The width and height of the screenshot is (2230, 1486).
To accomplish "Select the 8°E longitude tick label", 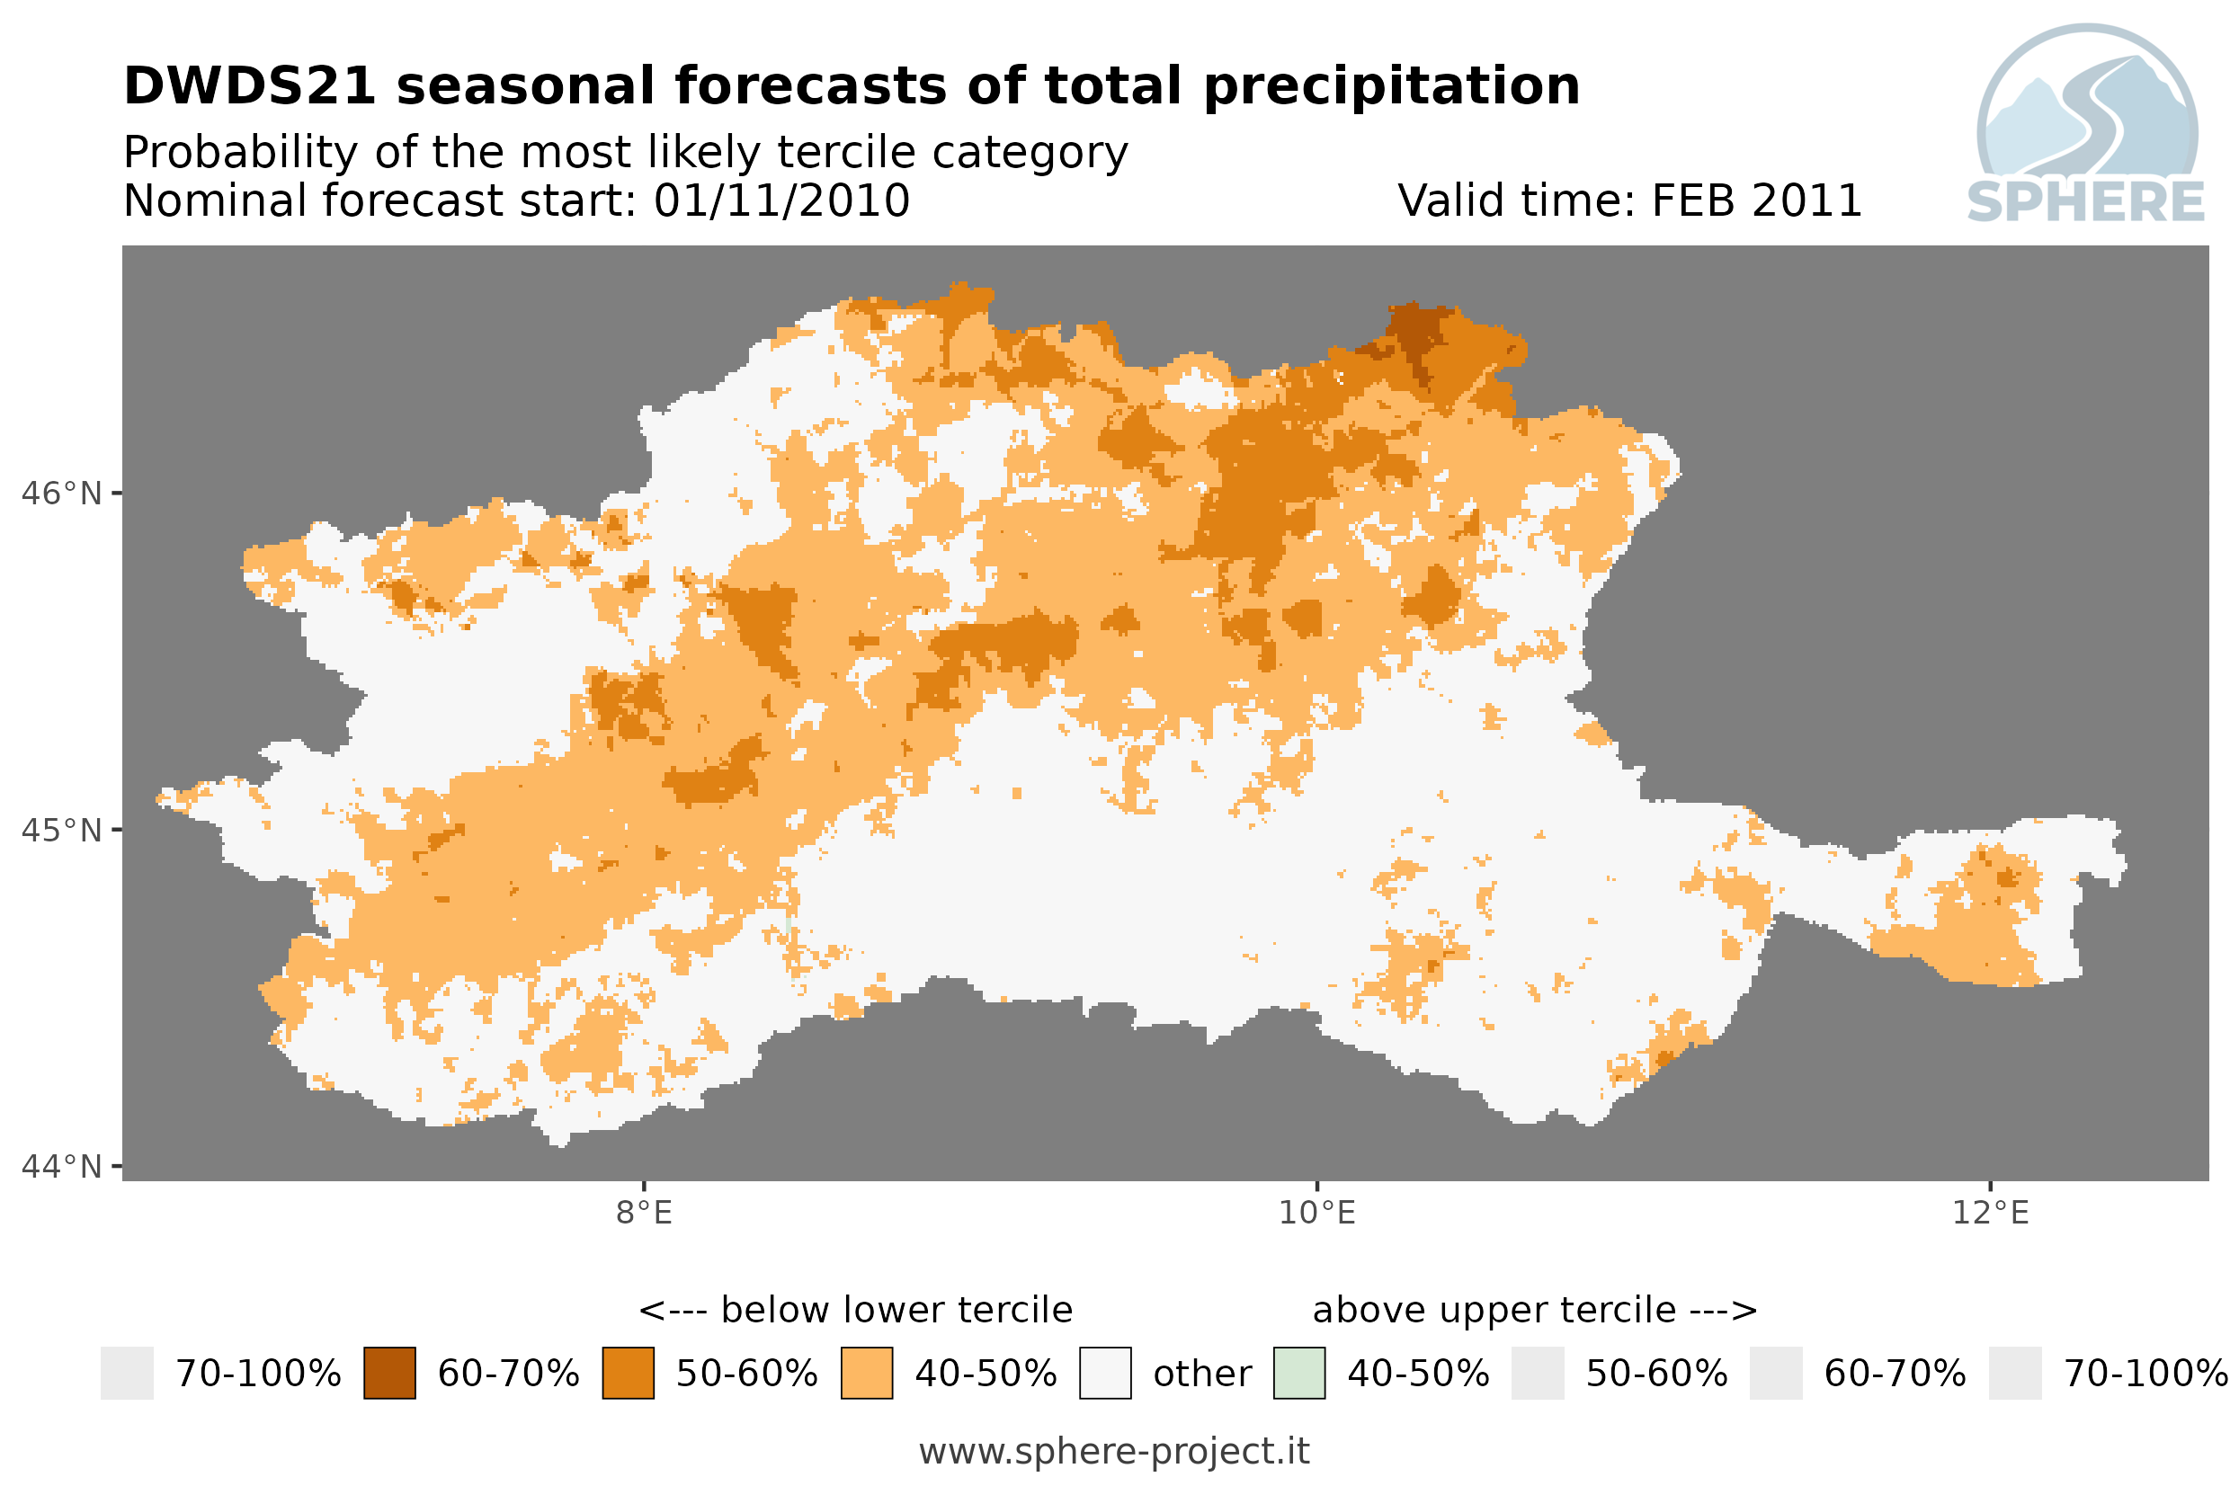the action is (645, 1213).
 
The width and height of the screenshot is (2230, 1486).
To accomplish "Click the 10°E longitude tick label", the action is (1317, 1213).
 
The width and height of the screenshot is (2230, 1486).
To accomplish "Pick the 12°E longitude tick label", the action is (1990, 1213).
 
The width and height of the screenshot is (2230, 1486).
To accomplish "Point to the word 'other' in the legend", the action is (1201, 1375).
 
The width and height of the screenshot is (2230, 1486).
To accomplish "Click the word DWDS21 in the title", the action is (250, 86).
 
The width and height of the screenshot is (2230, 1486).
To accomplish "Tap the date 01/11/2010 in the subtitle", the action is (782, 200).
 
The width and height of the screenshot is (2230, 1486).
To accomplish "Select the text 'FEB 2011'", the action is (1757, 200).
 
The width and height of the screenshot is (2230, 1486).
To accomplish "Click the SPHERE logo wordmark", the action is (2086, 202).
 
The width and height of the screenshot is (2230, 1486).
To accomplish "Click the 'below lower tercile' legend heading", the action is (896, 1311).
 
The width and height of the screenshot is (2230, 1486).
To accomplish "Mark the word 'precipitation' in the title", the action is (1392, 87).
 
